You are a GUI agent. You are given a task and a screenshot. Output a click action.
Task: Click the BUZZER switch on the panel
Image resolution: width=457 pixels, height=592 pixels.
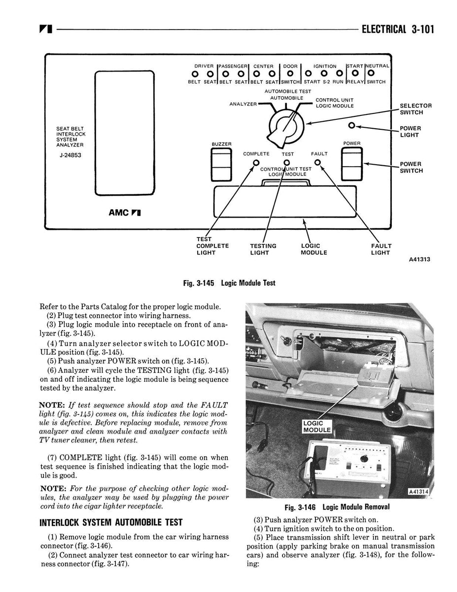(x=221, y=164)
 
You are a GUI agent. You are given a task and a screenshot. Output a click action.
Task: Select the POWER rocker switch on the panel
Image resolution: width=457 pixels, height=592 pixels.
(x=352, y=164)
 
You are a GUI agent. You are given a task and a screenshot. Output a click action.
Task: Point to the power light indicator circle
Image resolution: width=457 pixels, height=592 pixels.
(x=352, y=126)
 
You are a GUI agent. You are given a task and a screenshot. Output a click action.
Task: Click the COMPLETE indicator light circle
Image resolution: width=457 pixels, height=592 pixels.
(x=256, y=163)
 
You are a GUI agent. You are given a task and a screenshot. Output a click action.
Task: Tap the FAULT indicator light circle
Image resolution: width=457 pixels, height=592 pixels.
(x=318, y=162)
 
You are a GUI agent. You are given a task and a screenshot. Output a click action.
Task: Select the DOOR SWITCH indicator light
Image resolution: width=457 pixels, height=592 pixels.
(x=290, y=74)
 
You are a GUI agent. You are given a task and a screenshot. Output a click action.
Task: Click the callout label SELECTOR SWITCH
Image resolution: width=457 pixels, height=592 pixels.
(x=416, y=109)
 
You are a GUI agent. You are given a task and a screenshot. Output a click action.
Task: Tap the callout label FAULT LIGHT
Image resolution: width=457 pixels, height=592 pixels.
(x=381, y=249)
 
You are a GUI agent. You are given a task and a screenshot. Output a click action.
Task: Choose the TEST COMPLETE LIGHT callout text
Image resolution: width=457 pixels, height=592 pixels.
(x=212, y=246)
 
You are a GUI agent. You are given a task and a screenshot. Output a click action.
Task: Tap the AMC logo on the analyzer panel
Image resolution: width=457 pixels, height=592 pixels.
(x=125, y=213)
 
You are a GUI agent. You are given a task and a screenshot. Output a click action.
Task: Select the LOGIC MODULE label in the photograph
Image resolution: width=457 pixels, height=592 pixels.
(x=316, y=427)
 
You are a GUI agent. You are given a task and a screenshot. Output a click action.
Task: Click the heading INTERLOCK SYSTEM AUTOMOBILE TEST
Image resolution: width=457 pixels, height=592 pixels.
(x=111, y=522)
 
